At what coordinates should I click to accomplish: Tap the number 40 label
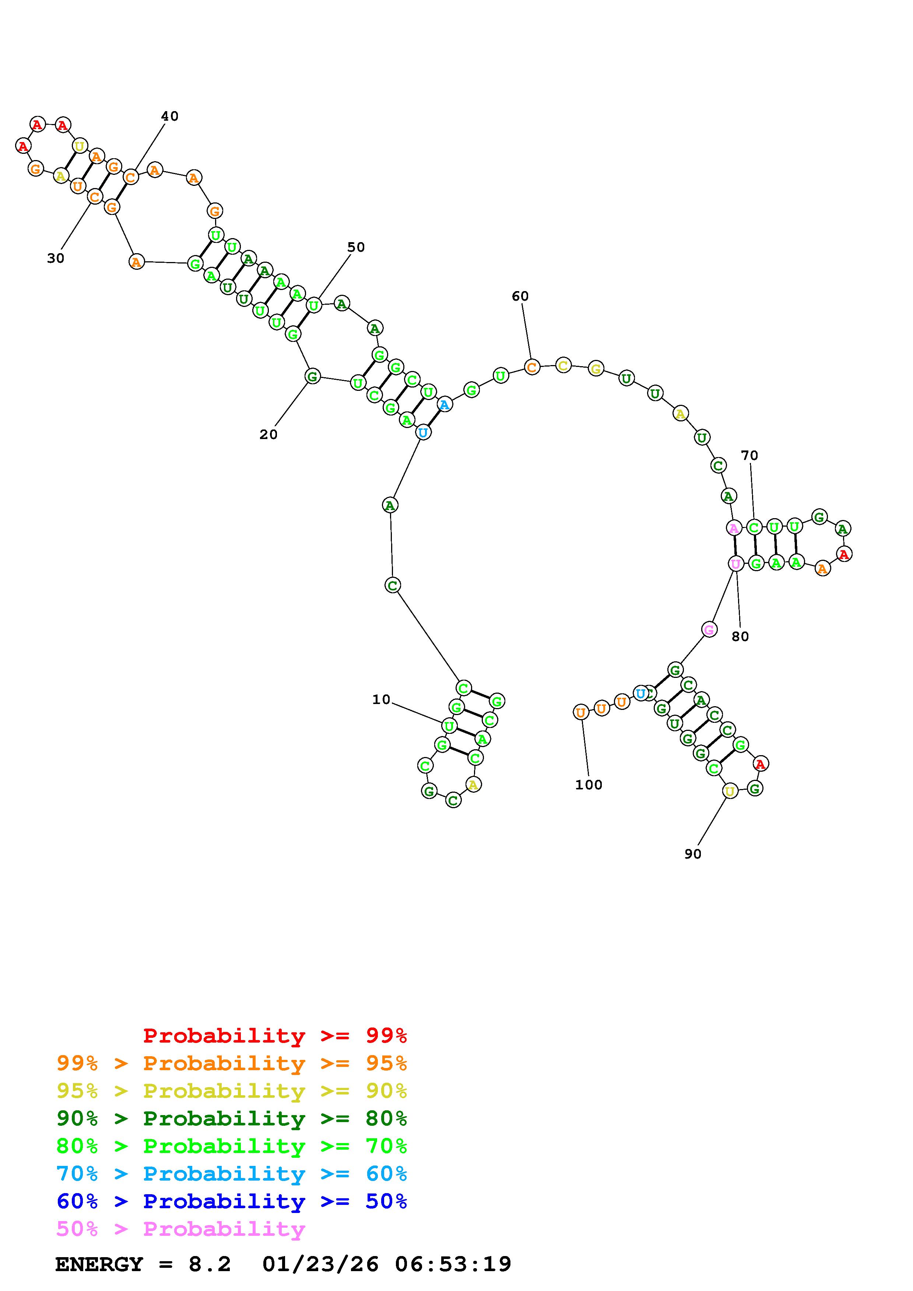click(169, 116)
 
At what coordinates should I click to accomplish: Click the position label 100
click(589, 785)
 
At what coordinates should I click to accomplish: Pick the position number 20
click(268, 435)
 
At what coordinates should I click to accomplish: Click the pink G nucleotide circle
click(709, 630)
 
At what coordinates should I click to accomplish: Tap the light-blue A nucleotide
click(445, 404)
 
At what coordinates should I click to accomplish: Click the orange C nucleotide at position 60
click(531, 367)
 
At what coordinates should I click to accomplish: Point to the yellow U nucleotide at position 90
click(729, 791)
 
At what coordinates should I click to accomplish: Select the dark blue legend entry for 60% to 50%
click(231, 1202)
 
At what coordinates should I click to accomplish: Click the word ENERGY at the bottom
click(99, 1265)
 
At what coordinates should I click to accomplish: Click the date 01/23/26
click(320, 1265)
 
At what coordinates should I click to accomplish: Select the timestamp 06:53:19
click(453, 1265)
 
